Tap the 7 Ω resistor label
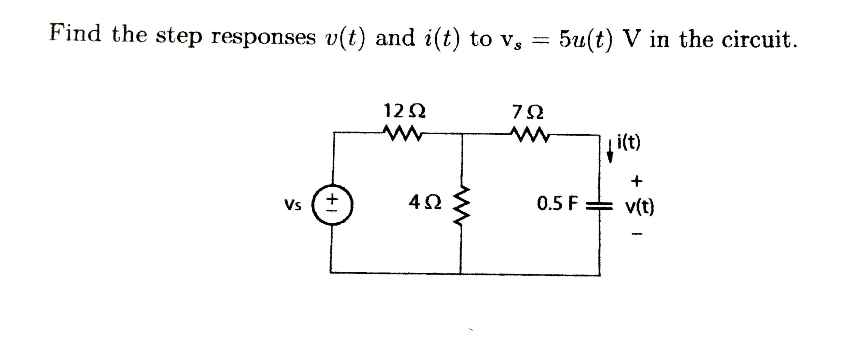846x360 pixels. pyautogui.click(x=528, y=112)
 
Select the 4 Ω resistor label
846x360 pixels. pyautogui.click(x=425, y=203)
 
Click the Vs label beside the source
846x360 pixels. pyautogui.click(x=293, y=204)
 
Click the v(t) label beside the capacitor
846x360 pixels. pyautogui.click(x=639, y=207)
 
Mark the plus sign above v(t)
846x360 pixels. pyautogui.click(x=637, y=181)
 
